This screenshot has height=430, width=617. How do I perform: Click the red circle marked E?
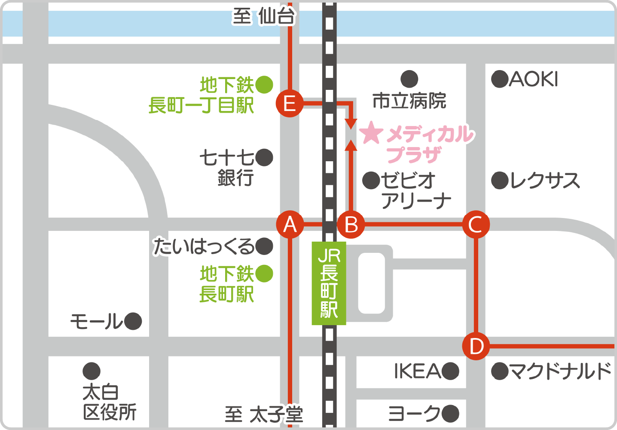289,103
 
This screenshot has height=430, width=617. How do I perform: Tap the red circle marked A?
290,224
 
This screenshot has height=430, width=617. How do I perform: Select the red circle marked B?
351,224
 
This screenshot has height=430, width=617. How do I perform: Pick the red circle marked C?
476,224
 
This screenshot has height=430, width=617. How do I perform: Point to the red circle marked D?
476,346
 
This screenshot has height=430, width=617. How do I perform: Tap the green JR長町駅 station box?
329,283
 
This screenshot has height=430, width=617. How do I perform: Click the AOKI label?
533,79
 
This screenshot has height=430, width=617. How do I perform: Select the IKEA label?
417,371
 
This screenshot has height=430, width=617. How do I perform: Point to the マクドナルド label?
560,371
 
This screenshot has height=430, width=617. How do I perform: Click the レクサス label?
544,181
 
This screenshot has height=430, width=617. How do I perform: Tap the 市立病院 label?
409,101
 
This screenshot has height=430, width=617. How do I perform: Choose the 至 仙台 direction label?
264,16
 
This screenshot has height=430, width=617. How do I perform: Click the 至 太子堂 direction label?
264,415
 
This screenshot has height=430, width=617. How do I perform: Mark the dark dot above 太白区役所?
92,371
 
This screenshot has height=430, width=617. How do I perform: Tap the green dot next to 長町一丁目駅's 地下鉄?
264,85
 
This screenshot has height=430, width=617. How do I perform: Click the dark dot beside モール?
133,321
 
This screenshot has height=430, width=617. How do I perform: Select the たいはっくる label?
204,246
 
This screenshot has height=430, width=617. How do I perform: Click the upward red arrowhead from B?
351,145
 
